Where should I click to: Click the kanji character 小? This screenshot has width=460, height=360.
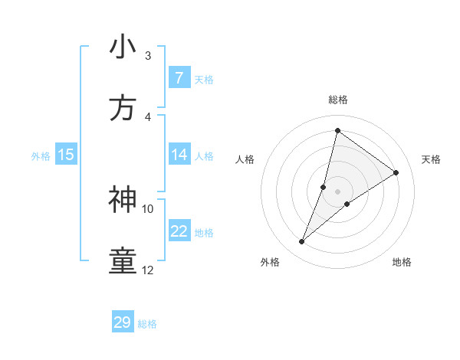[x=123, y=47]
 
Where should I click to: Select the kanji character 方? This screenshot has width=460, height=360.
[x=123, y=109]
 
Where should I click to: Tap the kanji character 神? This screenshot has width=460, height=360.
[x=123, y=200]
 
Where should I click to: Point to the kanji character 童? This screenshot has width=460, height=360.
[x=123, y=261]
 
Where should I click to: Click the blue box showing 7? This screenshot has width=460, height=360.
[x=179, y=78]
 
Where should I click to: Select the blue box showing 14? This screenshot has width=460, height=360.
[x=179, y=155]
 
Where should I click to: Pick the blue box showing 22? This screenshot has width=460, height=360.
[x=179, y=231]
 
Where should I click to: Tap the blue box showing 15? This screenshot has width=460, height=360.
[x=66, y=155]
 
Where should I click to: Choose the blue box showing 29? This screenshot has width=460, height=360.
[x=123, y=322]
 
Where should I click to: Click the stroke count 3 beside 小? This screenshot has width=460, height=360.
[x=148, y=56]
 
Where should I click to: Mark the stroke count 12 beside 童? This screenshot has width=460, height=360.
[x=148, y=270]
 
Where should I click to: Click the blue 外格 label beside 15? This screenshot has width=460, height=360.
[x=41, y=155]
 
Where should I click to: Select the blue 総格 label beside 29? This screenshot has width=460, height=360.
[x=148, y=324]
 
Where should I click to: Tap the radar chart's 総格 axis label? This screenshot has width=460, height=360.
[x=337, y=100]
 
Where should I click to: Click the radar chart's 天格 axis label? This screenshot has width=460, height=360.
[x=431, y=159]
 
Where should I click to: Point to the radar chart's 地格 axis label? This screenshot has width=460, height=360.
[x=402, y=262]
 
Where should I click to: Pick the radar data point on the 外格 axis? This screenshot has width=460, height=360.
[x=302, y=242]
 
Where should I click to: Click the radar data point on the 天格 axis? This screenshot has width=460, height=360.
[x=396, y=172]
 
